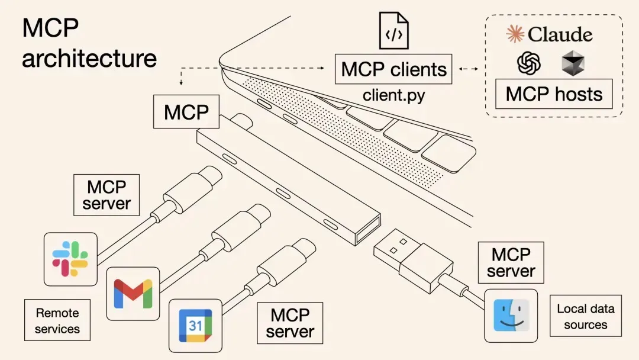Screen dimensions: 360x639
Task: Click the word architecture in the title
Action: pyautogui.click(x=89, y=59)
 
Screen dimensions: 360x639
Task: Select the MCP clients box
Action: pyautogui.click(x=393, y=69)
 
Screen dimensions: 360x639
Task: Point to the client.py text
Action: pyautogui.click(x=393, y=95)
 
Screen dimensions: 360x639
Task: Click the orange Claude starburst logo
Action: pyautogui.click(x=515, y=34)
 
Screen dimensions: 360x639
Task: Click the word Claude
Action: pyautogui.click(x=560, y=34)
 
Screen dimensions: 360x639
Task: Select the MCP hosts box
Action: pyautogui.click(x=554, y=94)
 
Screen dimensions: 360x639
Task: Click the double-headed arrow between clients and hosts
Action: pyautogui.click(x=469, y=69)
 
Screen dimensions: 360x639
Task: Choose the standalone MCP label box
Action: pyautogui.click(x=186, y=112)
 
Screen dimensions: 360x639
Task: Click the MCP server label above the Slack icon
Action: pyautogui.click(x=106, y=195)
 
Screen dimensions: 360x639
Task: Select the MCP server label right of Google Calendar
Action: pyautogui.click(x=290, y=323)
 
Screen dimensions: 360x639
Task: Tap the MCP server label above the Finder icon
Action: pyautogui.click(x=511, y=263)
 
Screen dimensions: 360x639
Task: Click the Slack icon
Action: pyautogui.click(x=70, y=259)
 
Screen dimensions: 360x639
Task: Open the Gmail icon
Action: pyautogui.click(x=133, y=293)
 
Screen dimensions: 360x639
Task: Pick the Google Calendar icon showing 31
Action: pyautogui.click(x=195, y=325)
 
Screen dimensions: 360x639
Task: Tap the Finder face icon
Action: pyautogui.click(x=511, y=315)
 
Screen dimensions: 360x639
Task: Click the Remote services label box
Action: pyautogui.click(x=57, y=320)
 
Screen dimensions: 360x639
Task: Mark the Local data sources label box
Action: pyautogui.click(x=585, y=316)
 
